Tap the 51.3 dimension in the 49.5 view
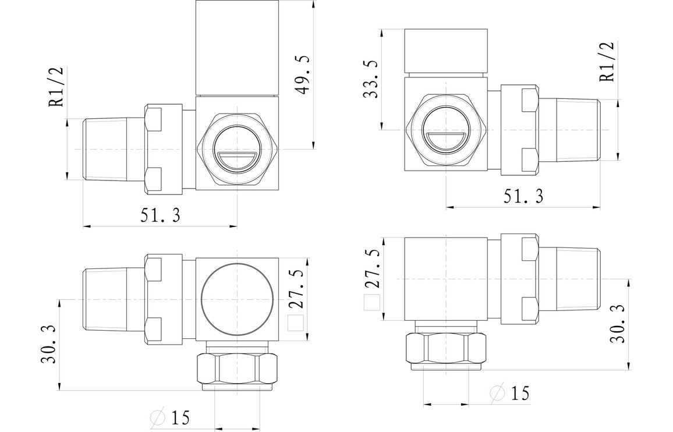coord(160,215)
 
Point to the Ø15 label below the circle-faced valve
coord(171,417)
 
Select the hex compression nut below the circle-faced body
coord(238,367)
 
